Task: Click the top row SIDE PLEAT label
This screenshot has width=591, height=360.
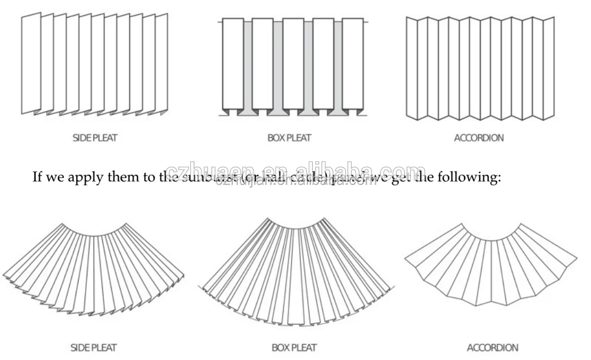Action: coord(94,138)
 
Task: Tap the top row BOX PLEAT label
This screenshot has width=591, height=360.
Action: coord(289,138)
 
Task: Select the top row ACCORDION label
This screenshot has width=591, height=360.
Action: coord(479,138)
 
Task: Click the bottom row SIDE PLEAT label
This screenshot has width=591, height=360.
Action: coord(94,348)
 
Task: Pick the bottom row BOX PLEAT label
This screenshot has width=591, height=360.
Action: coord(294,348)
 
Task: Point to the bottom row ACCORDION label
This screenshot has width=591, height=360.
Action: coord(492,348)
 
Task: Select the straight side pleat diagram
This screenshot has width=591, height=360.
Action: coord(95,63)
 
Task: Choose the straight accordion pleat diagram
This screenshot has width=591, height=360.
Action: coord(480,68)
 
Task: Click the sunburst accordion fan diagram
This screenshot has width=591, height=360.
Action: coord(491,260)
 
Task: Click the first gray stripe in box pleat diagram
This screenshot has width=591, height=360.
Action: coord(248,65)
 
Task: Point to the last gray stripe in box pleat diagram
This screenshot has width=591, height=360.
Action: coord(338,65)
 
